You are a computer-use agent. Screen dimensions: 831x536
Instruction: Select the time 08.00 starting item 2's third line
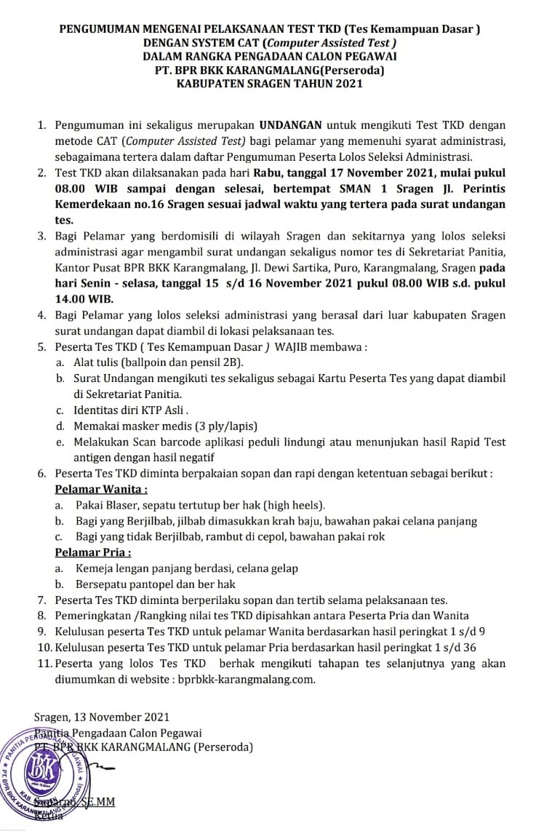(x=70, y=189)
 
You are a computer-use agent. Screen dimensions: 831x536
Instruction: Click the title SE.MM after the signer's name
(x=100, y=802)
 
